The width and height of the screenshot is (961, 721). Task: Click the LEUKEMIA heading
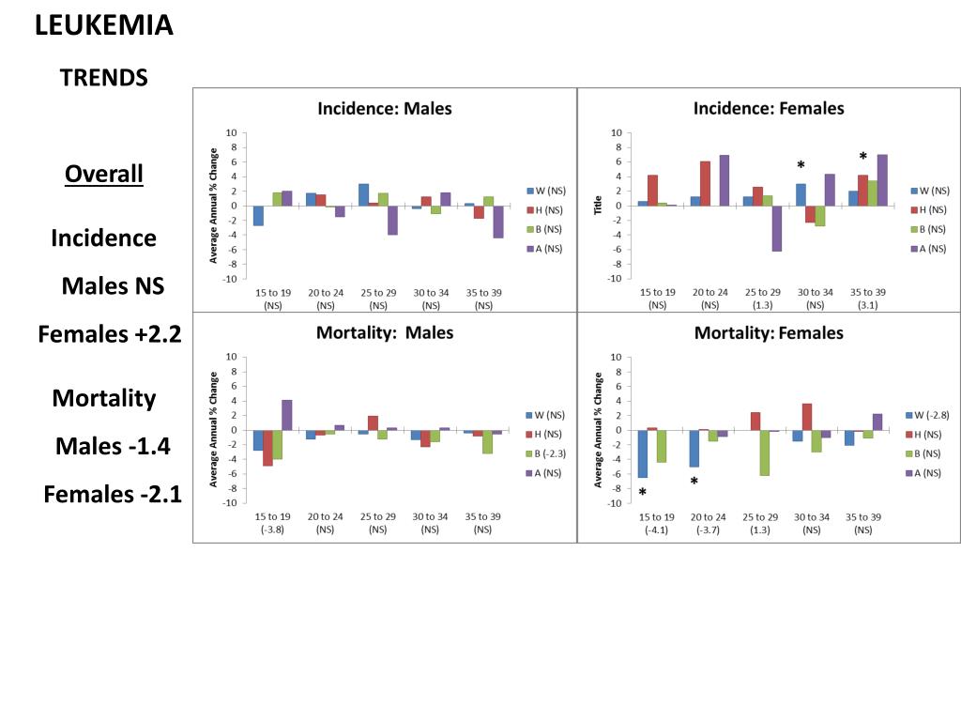(104, 25)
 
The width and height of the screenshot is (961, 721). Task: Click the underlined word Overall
(104, 174)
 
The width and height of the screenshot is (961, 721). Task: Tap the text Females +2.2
(109, 333)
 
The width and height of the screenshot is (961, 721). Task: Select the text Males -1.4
(113, 446)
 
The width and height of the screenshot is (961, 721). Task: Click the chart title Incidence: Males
(385, 108)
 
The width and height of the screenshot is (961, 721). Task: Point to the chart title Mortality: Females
(769, 333)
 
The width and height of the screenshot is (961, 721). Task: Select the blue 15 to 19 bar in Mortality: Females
(643, 453)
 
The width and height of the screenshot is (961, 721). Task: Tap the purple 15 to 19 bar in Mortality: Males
(287, 415)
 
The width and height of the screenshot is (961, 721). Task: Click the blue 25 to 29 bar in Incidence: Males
(363, 194)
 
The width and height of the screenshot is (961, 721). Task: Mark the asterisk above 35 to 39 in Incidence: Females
(862, 156)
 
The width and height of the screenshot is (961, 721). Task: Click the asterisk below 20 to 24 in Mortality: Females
(694, 482)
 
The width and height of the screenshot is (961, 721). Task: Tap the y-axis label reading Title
(598, 205)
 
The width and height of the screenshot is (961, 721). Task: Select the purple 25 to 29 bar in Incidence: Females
(777, 228)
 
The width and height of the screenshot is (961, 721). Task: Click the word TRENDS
(104, 78)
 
